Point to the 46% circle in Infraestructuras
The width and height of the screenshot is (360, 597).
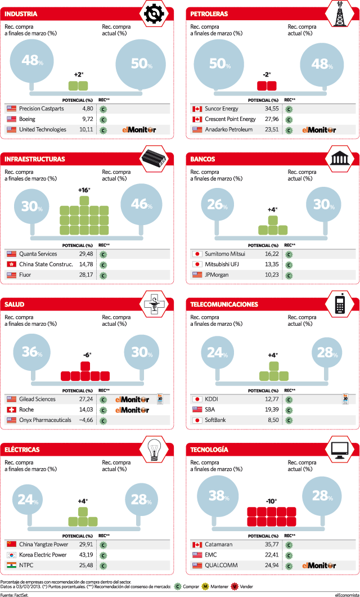tap(141, 204)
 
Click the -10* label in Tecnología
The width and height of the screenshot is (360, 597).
tap(271, 501)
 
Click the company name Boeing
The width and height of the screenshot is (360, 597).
tap(27, 119)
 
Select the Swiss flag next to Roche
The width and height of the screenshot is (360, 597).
tap(11, 410)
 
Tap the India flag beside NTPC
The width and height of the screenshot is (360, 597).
tap(11, 565)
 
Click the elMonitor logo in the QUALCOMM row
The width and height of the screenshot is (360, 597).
tap(319, 566)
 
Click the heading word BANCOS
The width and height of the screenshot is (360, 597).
tap(202, 159)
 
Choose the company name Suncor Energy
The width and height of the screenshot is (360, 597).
tap(222, 109)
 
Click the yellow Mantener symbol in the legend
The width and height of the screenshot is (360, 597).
tap(204, 586)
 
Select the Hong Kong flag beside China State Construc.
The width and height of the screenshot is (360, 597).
tap(11, 264)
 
